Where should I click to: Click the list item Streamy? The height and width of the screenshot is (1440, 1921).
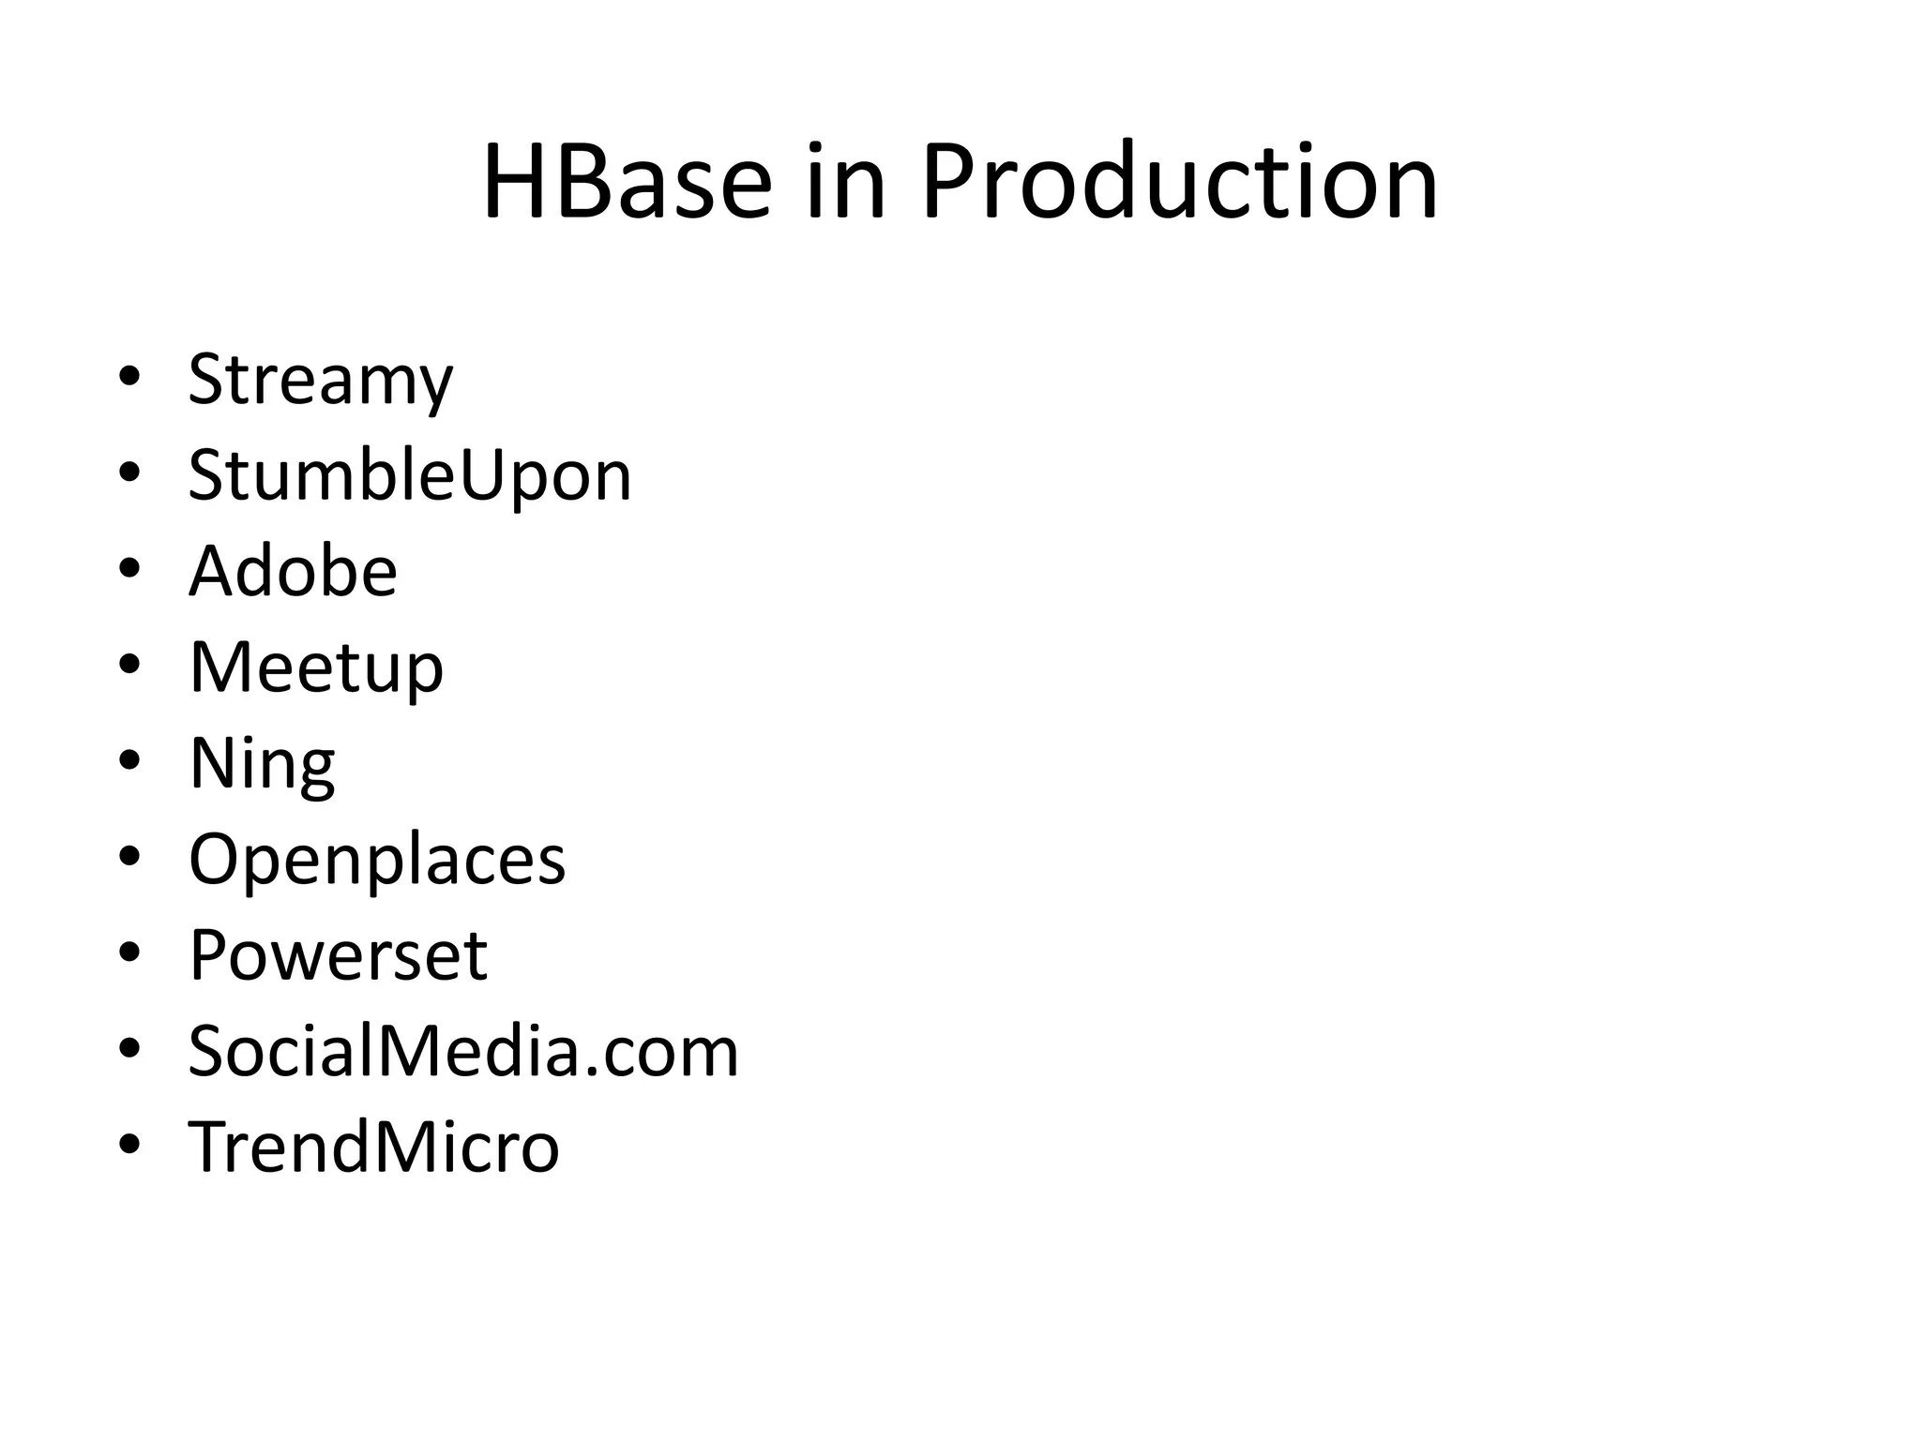[x=320, y=380]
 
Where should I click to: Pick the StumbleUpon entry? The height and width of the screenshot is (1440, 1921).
[x=410, y=476]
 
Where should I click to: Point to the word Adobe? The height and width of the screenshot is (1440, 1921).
[x=293, y=571]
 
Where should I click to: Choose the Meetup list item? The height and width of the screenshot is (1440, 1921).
[x=316, y=668]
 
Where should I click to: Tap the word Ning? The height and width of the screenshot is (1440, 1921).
[x=262, y=764]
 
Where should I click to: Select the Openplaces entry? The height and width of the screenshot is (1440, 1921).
[x=377, y=860]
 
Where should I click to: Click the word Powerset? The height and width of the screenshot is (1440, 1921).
[x=338, y=955]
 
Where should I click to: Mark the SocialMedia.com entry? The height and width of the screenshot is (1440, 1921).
[x=463, y=1052]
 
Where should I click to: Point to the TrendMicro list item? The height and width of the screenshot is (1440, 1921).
[x=373, y=1147]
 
